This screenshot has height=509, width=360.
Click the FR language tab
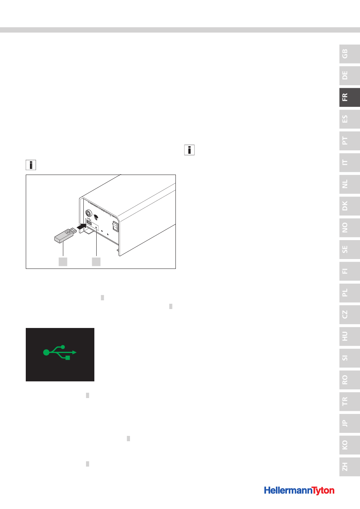[349, 97]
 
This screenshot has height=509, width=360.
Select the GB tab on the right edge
[349, 54]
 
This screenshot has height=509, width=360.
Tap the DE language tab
[349, 75]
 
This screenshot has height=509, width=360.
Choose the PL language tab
[349, 293]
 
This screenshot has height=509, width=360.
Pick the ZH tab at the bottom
[349, 467]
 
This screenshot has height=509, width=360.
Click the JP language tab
[349, 423]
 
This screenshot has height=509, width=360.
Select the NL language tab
[349, 184]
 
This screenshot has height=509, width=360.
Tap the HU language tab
[349, 336]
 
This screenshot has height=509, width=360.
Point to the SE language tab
[349, 250]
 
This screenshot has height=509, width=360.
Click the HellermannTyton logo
[299, 490]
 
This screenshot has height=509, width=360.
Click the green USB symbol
[60, 353]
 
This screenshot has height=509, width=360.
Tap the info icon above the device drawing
[31, 165]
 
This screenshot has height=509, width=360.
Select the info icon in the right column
[189, 150]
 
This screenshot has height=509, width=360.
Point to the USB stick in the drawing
[65, 236]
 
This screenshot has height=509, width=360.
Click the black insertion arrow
[81, 226]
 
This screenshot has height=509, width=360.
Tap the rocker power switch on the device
[116, 226]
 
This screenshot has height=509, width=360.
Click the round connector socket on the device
[89, 213]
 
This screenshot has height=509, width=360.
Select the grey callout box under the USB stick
[63, 262]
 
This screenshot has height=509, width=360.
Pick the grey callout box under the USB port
[96, 262]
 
